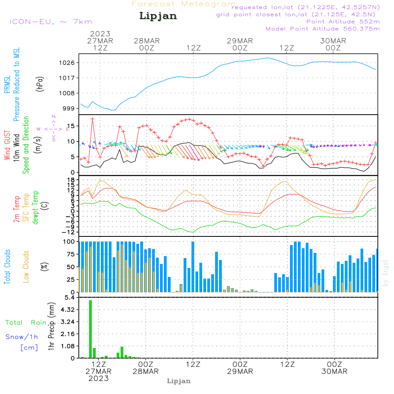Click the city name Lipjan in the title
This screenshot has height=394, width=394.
pyautogui.click(x=158, y=16)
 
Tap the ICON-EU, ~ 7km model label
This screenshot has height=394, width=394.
pyautogui.click(x=51, y=22)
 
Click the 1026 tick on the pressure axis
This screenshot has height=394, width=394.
pyautogui.click(x=67, y=63)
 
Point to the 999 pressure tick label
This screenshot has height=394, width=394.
pyautogui.click(x=69, y=108)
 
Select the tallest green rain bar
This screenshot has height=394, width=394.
pyautogui.click(x=91, y=329)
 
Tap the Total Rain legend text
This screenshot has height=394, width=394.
pyautogui.click(x=26, y=323)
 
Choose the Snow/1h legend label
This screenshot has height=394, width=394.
pyautogui.click(x=22, y=337)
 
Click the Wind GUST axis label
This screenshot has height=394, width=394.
pyautogui.click(x=7, y=145)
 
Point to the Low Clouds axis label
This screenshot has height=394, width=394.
pyautogui.click(x=26, y=267)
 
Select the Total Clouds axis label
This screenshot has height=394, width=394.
pyautogui.click(x=7, y=267)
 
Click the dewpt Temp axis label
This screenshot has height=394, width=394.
pyautogui.click(x=35, y=207)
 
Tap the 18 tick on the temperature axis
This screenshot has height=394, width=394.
pyautogui.click(x=71, y=180)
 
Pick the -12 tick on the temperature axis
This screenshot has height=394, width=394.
pyautogui.click(x=68, y=232)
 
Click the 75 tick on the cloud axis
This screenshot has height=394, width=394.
pyautogui.click(x=71, y=254)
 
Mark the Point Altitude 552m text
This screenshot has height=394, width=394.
pyautogui.click(x=343, y=22)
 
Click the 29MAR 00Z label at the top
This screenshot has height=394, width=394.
pyautogui.click(x=240, y=44)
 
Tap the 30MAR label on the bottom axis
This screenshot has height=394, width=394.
pyautogui.click(x=335, y=372)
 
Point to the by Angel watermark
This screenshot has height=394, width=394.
pyautogui.click(x=385, y=273)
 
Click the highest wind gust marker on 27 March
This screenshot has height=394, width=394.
pyautogui.click(x=93, y=119)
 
